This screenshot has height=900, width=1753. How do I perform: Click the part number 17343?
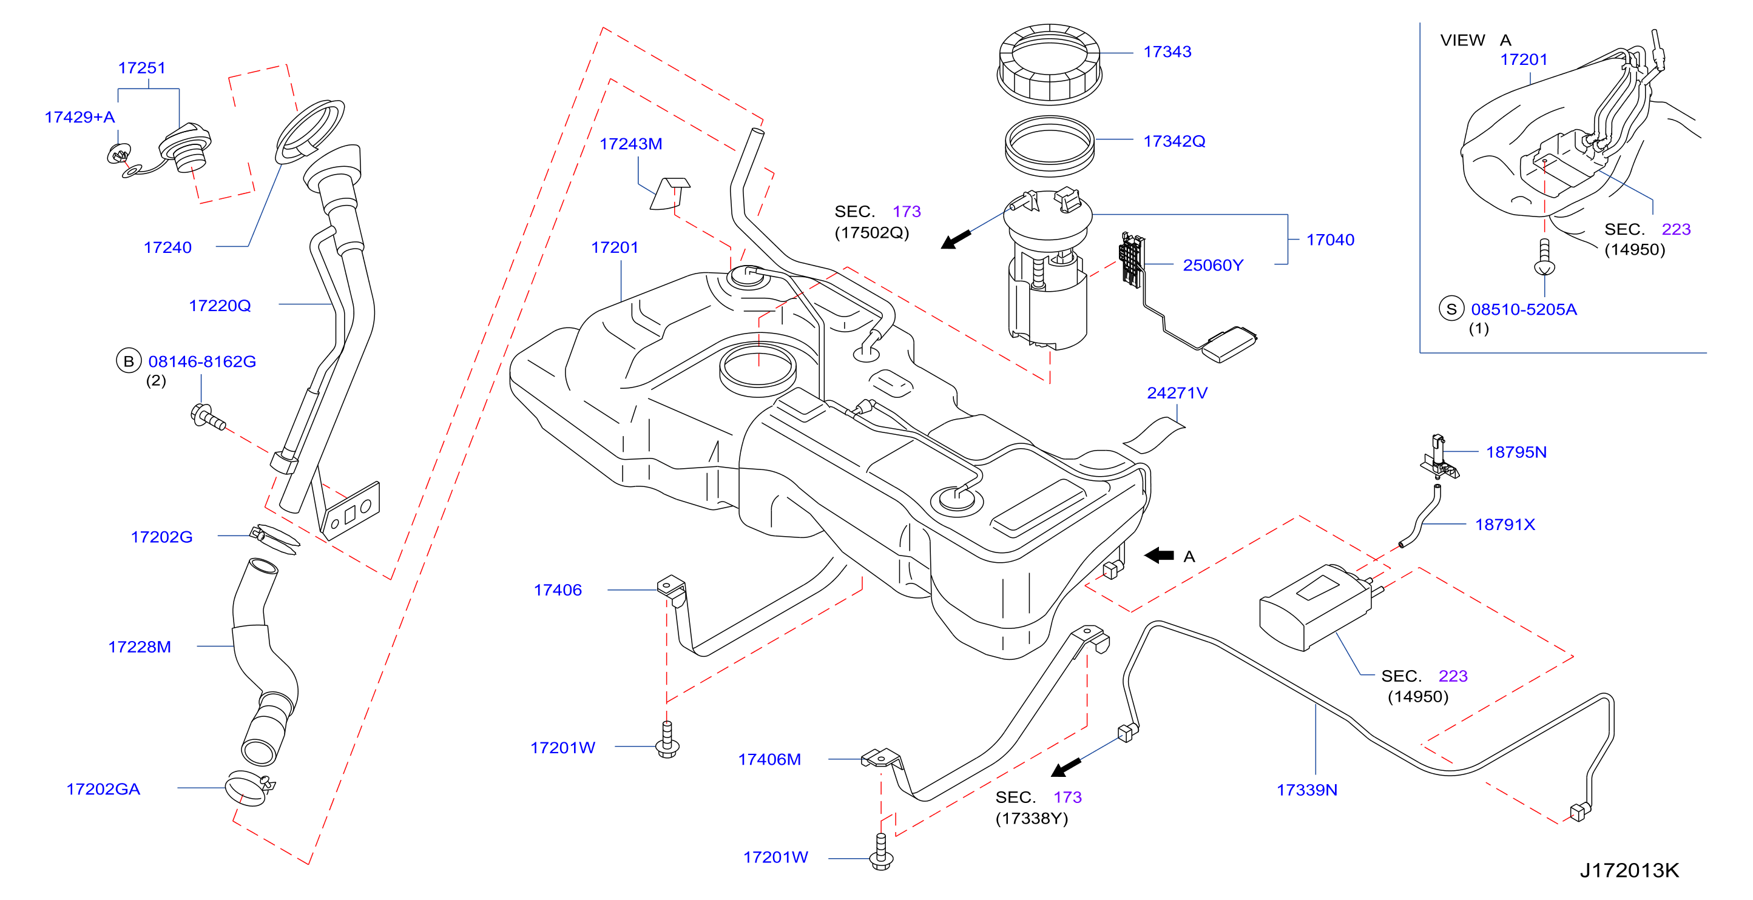1167,52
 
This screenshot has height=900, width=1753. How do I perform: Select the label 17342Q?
1174,141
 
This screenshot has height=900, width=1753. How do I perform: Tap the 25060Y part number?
1213,265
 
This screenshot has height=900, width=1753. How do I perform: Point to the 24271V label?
1177,393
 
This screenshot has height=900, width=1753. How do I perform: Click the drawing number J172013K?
1629,870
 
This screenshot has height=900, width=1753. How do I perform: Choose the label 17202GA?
103,789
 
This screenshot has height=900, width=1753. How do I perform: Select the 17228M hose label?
140,647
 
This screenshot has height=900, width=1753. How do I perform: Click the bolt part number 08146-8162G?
202,362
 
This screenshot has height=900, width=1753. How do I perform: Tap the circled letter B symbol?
129,361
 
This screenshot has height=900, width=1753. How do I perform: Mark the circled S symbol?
1451,309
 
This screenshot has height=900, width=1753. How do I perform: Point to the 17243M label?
630,144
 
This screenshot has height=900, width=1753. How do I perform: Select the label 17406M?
769,759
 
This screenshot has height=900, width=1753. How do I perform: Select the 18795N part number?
1516,452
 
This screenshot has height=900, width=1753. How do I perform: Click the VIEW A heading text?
1474,40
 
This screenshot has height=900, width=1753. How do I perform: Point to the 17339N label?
1306,790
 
